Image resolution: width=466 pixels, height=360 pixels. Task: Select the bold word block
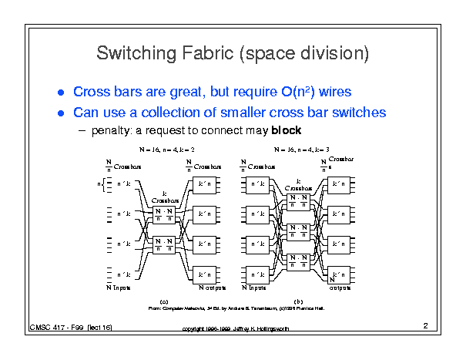click(x=286, y=130)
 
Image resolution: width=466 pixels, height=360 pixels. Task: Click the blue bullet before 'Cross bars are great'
click(x=62, y=93)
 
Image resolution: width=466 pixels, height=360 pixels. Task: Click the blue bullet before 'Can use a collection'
click(x=62, y=113)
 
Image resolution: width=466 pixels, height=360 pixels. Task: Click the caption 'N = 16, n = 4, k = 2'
click(x=166, y=148)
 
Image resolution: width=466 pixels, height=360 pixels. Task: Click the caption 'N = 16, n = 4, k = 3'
click(x=301, y=148)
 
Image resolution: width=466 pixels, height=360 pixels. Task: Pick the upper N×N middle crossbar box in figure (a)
click(x=163, y=214)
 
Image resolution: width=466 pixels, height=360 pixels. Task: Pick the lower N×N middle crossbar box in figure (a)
click(x=163, y=244)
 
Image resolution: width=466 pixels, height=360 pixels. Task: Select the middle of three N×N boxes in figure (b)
click(x=298, y=230)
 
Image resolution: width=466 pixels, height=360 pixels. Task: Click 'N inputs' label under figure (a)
click(x=118, y=288)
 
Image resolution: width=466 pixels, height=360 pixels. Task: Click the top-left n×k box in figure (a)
click(x=124, y=184)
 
